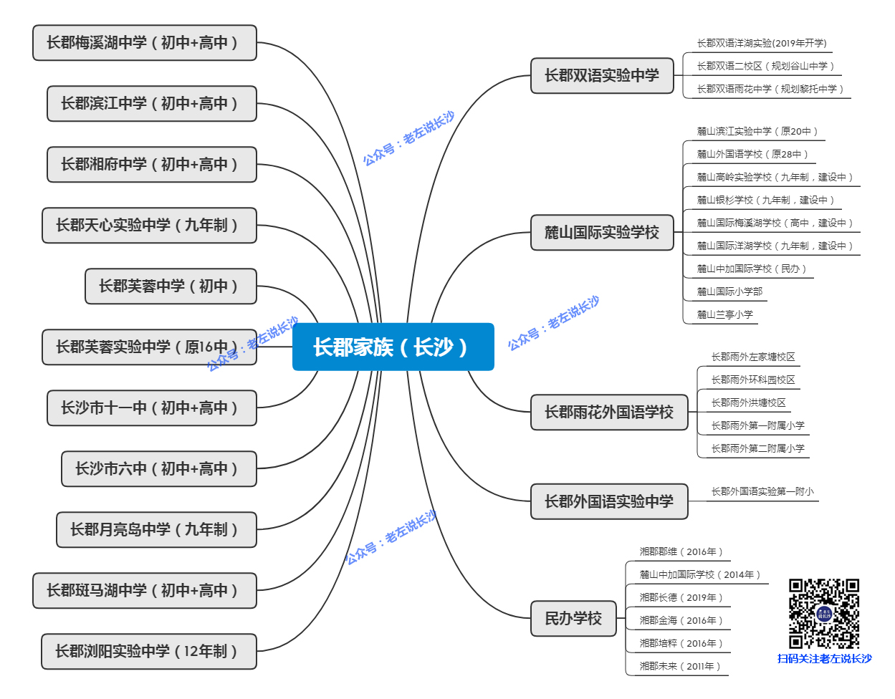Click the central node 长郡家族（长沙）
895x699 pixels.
[x=393, y=347]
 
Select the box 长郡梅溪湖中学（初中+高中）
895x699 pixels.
[x=144, y=43]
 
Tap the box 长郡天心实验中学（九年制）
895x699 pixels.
[x=149, y=226]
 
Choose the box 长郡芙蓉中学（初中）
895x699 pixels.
[x=171, y=286]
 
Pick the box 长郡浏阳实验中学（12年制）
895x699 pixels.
[x=148, y=652]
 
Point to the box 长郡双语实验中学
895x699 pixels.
[x=602, y=76]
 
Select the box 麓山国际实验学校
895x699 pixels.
[x=602, y=233]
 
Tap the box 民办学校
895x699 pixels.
[x=573, y=619]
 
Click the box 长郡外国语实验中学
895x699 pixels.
[x=609, y=501]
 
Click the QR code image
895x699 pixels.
[x=824, y=614]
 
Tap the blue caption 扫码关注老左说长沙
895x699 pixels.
[x=825, y=659]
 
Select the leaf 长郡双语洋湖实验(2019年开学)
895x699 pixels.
[x=762, y=44]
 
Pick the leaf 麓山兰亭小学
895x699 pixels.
[x=725, y=314]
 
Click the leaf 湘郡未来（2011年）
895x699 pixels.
[x=680, y=667]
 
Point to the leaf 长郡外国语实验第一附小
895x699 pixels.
[x=762, y=492]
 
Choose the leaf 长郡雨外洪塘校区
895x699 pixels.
[x=748, y=403]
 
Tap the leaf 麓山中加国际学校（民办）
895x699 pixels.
[x=751, y=269]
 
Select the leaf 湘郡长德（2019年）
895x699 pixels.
[x=681, y=598]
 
